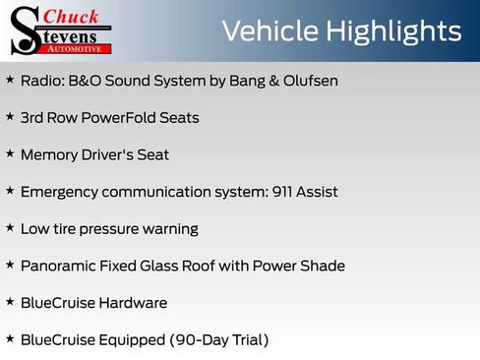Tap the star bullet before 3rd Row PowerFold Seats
10,117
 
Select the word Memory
48,154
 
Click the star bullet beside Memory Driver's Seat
10,153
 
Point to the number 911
281,192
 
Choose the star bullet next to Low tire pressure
10,227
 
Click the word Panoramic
59,266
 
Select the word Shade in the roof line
324,266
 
